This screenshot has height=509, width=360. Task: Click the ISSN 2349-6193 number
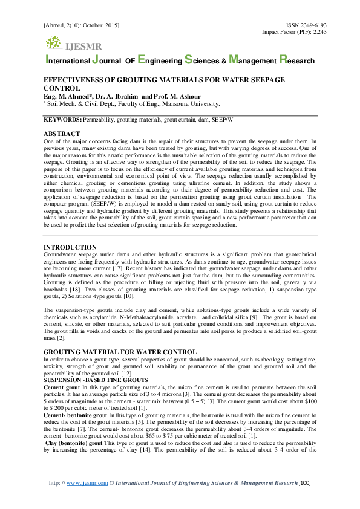tap(306, 25)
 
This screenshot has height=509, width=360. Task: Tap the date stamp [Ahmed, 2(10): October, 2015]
tap(81, 25)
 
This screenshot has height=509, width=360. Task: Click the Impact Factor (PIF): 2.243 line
tap(294, 31)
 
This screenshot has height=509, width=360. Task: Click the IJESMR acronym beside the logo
tap(83, 46)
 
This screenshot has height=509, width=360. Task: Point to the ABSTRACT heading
tap(62, 133)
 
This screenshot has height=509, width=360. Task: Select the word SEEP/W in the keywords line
tap(221, 120)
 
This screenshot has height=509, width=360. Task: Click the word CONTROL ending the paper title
tap(62, 88)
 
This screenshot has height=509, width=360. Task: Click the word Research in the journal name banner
tap(296, 61)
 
